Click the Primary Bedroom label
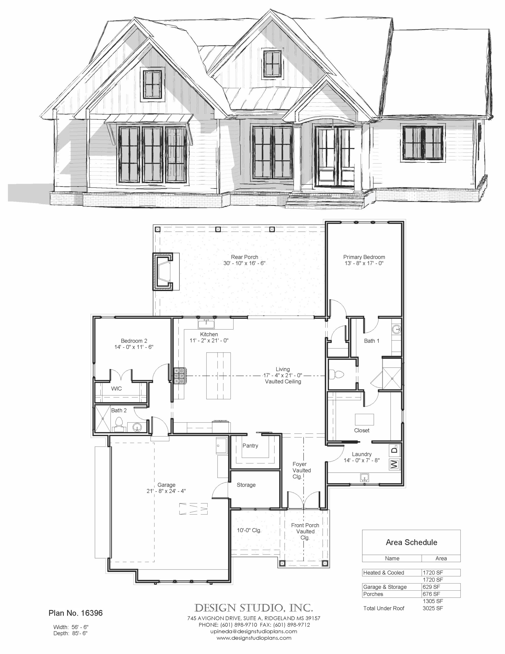[364, 257]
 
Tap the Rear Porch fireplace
[163, 272]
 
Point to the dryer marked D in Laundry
[394, 450]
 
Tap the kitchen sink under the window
[206, 324]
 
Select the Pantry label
[250, 446]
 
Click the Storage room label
[246, 485]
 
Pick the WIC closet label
[116, 389]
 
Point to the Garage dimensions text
[166, 491]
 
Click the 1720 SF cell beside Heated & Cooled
[432, 573]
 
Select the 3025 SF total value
[432, 608]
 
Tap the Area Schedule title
[411, 542]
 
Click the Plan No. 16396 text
[75, 613]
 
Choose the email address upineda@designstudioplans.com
[253, 632]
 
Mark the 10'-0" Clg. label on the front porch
[249, 530]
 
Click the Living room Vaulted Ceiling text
[283, 381]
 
